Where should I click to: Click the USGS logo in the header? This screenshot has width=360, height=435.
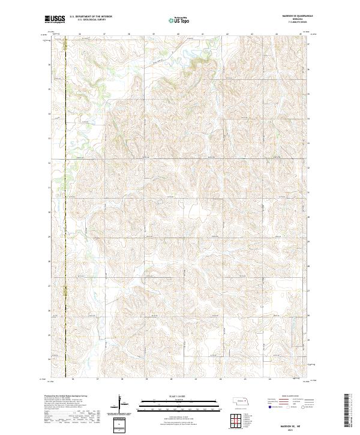(55, 19)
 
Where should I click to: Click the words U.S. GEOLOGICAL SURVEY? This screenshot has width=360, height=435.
(91, 20)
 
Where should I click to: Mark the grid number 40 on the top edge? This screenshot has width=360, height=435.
(179, 34)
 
